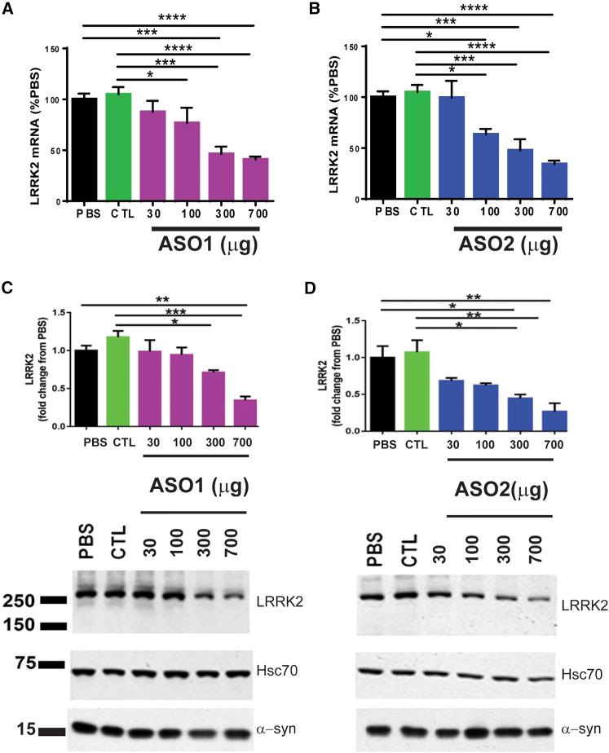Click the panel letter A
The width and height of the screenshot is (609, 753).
(x=9, y=10)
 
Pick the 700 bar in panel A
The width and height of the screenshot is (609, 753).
(x=255, y=179)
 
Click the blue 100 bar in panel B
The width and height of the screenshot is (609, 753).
(x=486, y=166)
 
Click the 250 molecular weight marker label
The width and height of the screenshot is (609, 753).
(x=19, y=601)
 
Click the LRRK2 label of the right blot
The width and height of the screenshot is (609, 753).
(x=584, y=604)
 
